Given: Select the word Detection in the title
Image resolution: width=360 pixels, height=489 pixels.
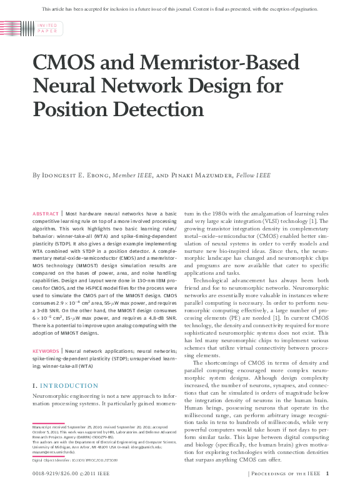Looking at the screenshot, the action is click(x=151, y=108).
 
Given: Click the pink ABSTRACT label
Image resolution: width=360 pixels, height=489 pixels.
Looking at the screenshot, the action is click(x=46, y=214).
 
